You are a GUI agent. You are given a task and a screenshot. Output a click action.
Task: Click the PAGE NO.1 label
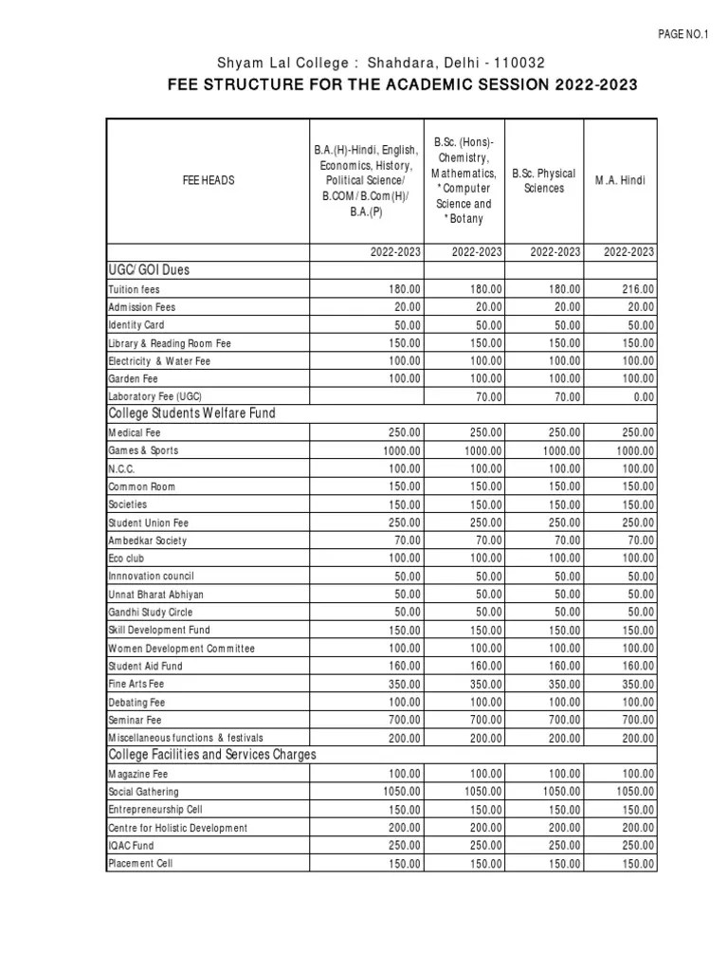click(682, 34)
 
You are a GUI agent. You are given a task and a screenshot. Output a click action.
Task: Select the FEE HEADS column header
click(209, 179)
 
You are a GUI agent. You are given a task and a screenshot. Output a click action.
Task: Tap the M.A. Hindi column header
click(620, 180)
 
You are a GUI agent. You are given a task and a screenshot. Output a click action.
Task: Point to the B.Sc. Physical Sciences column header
click(543, 180)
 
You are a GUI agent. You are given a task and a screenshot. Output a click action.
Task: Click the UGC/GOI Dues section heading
click(150, 270)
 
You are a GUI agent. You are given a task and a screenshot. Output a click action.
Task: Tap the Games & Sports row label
click(143, 450)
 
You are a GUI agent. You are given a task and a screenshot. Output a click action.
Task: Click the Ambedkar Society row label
click(148, 540)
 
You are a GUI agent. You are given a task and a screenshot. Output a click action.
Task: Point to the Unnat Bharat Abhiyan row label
click(155, 594)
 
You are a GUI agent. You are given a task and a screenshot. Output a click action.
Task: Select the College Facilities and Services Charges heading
click(213, 755)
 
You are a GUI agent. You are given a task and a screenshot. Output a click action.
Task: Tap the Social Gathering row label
click(143, 792)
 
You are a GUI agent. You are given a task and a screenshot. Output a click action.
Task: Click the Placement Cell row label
click(141, 863)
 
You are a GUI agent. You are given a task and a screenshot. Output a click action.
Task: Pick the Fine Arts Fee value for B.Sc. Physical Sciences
click(560, 684)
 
